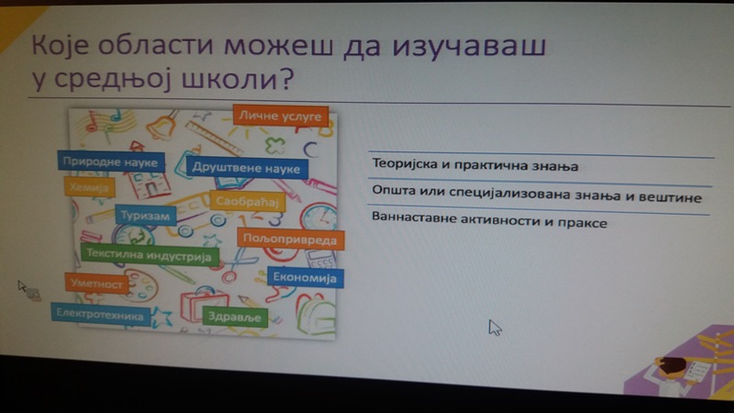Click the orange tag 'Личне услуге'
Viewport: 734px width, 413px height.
(x=281, y=116)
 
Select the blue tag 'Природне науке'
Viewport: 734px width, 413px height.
(x=111, y=162)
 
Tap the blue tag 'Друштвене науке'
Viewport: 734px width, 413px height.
(x=247, y=168)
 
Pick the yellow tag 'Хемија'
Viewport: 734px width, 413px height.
(x=89, y=187)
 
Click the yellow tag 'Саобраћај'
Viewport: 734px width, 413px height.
(x=247, y=201)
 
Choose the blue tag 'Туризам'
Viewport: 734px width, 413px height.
(x=146, y=216)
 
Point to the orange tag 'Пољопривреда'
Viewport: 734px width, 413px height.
(x=291, y=239)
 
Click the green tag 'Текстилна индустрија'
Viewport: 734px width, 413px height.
(x=150, y=255)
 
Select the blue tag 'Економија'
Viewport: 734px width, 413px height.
(x=306, y=277)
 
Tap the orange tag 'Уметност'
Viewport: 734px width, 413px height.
(x=97, y=284)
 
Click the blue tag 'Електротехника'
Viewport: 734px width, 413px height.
(x=101, y=314)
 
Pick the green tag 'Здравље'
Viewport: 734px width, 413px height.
(x=235, y=317)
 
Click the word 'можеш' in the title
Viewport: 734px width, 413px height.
(x=280, y=46)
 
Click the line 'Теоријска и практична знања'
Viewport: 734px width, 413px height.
(x=475, y=165)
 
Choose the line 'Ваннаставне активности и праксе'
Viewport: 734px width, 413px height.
(x=489, y=220)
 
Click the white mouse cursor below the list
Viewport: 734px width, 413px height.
(x=495, y=328)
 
